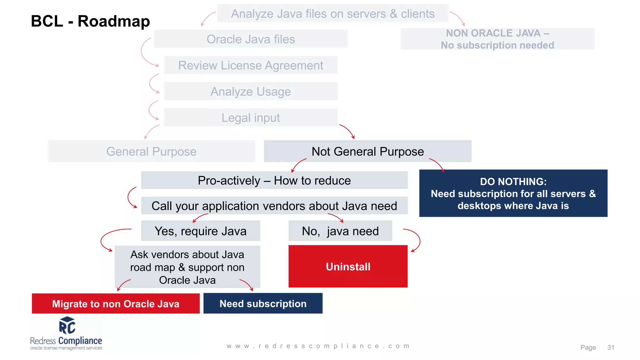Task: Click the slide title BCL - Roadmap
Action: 90,21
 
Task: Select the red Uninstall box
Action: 348,266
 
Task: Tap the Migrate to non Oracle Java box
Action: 116,303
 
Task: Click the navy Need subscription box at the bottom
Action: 263,303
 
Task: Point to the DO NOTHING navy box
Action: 513,193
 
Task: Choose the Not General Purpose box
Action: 367,151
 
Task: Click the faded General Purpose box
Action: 151,151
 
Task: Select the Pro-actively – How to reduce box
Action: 274,180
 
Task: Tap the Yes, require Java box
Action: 200,231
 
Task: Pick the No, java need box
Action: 340,231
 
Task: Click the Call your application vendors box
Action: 274,206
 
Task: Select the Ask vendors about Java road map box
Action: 187,267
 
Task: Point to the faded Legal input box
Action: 251,117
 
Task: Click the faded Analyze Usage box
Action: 251,91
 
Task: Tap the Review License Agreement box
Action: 251,65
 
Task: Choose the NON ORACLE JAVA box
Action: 497,39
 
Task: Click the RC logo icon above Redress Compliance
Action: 67,326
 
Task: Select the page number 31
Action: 611,347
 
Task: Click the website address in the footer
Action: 318,346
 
